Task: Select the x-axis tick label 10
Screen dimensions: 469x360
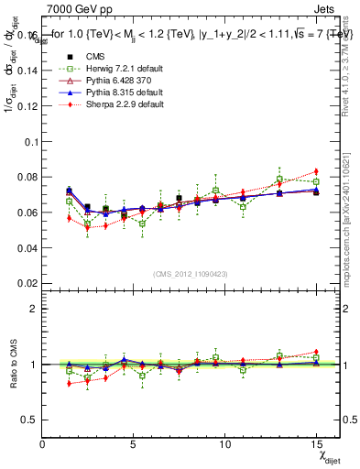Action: tap(224, 444)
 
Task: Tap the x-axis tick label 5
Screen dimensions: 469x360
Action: tap(134, 444)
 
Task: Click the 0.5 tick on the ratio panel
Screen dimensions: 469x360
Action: tap(28, 420)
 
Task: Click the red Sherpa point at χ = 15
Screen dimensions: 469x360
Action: tap(316, 171)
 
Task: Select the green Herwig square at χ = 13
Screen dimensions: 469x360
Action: tap(279, 180)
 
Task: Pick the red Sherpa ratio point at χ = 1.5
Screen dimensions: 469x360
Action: tap(69, 383)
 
